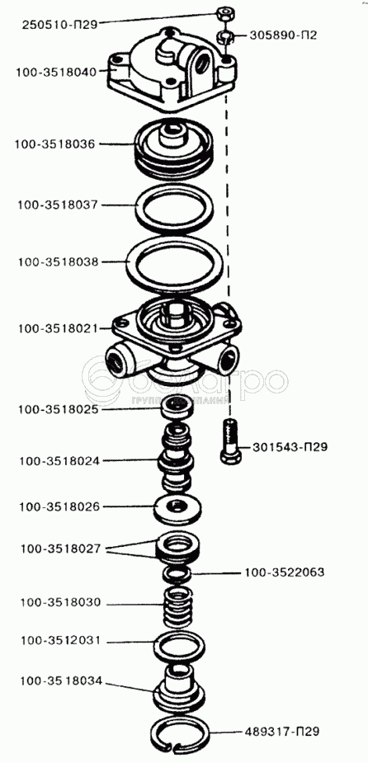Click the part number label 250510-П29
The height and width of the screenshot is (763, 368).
[60, 24]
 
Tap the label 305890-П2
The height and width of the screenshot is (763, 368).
[284, 35]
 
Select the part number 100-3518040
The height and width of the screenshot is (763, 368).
[56, 72]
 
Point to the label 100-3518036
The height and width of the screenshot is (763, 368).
[55, 144]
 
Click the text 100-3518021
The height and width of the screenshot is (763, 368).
[59, 328]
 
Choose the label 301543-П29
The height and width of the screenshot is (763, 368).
[290, 447]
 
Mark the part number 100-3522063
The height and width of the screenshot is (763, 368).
[285, 572]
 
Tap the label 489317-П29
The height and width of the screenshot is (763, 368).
[282, 731]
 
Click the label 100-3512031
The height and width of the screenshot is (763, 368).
[60, 640]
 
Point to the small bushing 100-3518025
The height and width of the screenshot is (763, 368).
[177, 407]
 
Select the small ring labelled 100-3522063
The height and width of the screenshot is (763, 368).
[178, 574]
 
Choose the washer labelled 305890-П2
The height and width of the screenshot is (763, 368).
[225, 37]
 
